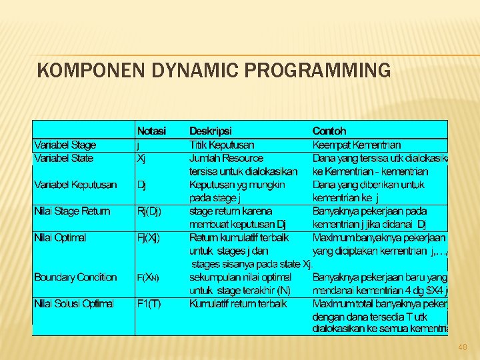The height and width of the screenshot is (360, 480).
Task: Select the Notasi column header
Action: click(152, 131)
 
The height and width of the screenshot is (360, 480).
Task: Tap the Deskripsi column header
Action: click(211, 131)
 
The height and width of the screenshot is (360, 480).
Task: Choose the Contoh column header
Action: click(329, 131)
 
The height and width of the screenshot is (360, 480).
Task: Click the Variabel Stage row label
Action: click(65, 145)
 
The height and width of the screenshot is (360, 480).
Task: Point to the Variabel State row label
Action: click(63, 158)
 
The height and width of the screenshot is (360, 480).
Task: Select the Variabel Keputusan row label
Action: click(75, 185)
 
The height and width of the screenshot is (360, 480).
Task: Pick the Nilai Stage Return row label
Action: click(71, 211)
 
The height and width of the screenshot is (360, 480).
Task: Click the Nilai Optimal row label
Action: click(60, 237)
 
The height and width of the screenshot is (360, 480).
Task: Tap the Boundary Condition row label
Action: click(75, 277)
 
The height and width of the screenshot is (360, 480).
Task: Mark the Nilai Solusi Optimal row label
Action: click(73, 303)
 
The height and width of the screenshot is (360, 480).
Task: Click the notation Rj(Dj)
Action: click(149, 211)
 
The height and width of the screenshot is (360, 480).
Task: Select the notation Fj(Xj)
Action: click(148, 237)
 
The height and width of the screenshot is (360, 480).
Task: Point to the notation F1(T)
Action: click(147, 303)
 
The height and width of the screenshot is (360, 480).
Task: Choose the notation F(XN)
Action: click(147, 277)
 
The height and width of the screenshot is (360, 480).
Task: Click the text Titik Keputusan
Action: click(221, 145)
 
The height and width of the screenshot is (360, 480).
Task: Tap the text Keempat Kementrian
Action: click(357, 145)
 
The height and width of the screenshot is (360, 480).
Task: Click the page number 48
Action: click(463, 347)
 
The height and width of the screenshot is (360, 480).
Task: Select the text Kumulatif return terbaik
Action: click(238, 303)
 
